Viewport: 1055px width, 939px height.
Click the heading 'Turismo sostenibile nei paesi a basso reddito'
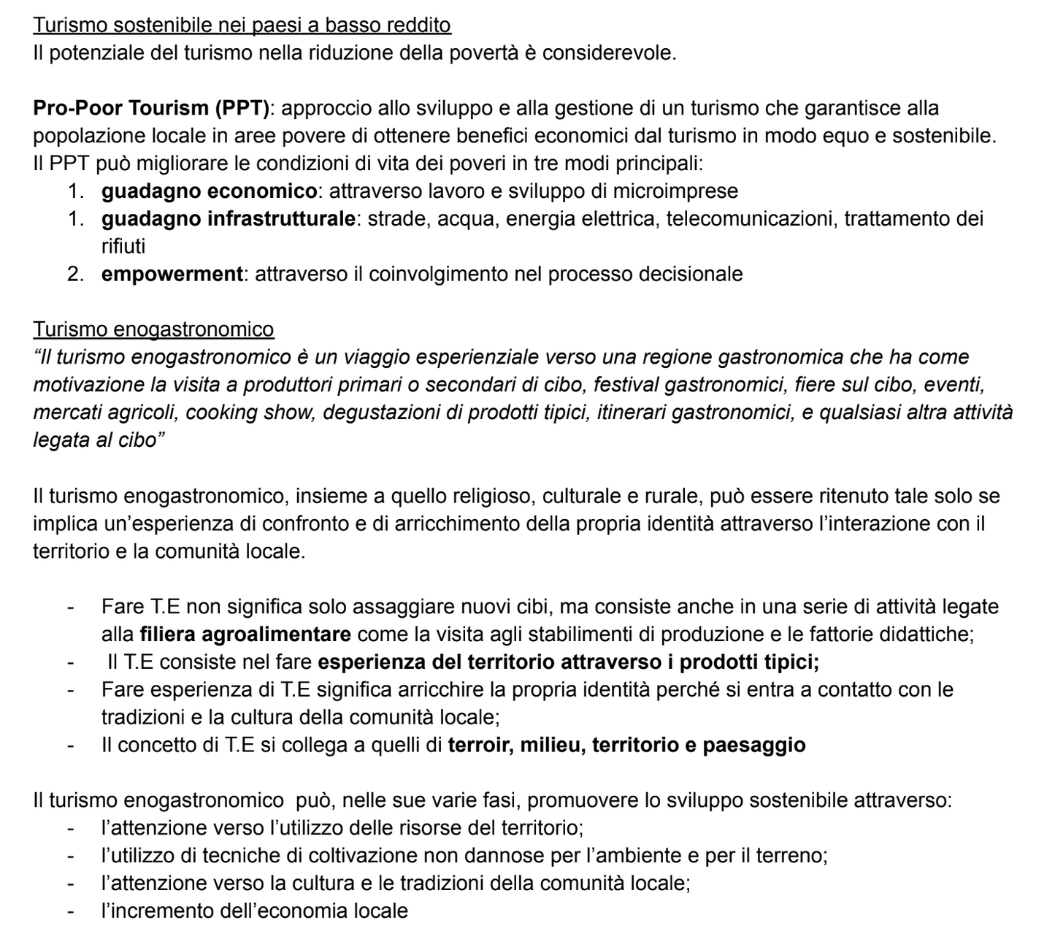point(242,26)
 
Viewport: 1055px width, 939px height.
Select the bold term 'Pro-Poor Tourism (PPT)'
point(151,109)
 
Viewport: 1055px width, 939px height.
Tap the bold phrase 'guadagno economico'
point(209,191)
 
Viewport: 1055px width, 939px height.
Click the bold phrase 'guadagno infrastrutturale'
point(228,219)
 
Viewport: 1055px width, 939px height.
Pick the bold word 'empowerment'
point(172,275)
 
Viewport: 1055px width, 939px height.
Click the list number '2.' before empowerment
point(76,275)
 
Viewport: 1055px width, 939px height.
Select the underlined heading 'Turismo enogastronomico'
point(153,330)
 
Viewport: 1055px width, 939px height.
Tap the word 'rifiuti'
point(123,247)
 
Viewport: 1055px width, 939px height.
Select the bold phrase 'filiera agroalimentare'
point(245,634)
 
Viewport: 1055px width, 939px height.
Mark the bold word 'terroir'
point(480,746)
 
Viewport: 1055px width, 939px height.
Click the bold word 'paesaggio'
point(754,746)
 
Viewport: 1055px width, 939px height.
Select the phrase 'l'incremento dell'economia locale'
point(254,911)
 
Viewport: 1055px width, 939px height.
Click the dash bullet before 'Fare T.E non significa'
point(71,607)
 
